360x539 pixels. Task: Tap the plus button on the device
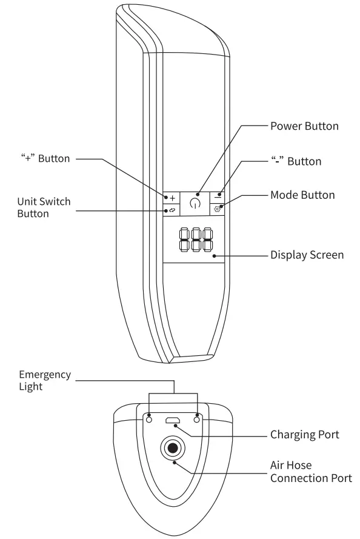172,198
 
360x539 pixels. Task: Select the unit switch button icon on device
172,210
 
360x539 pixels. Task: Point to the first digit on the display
182,239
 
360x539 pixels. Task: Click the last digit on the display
208,239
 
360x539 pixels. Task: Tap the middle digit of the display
195,239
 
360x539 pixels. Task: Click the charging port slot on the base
173,421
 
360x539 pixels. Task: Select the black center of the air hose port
173,449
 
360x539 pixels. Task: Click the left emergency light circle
149,419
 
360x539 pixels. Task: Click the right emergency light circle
197,419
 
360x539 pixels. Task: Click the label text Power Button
304,127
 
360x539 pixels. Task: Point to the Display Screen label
307,255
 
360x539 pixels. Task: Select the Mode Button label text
302,195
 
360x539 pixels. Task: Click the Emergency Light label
44,380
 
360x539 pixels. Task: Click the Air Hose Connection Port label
310,472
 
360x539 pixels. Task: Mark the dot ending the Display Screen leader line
215,256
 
